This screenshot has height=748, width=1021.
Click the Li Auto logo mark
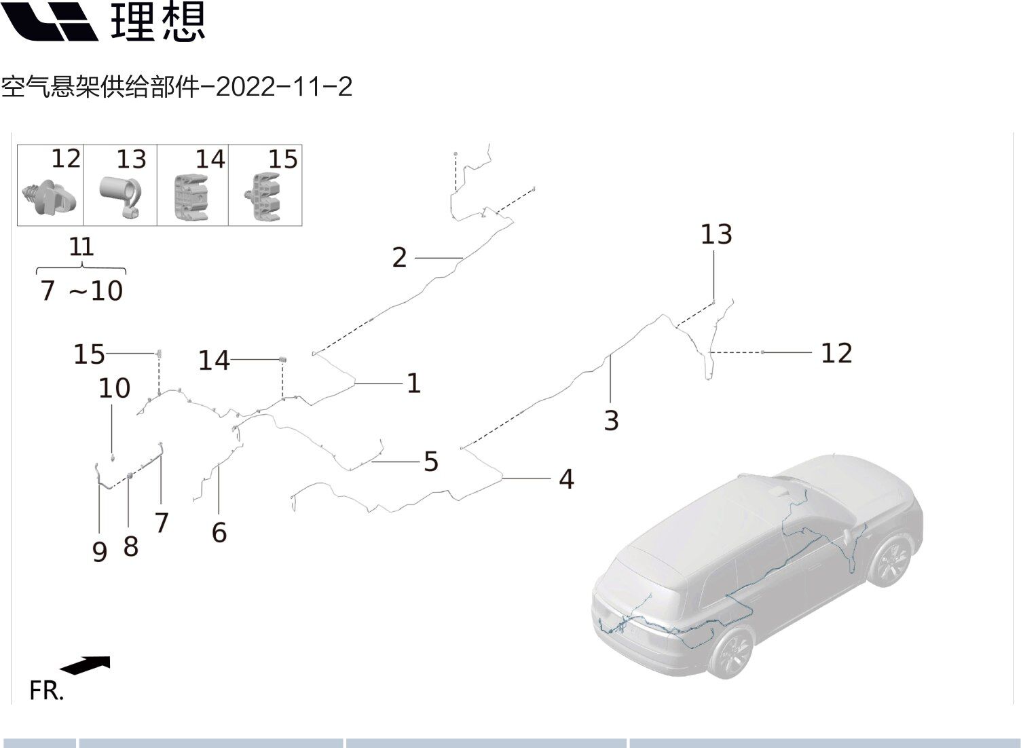tap(50, 21)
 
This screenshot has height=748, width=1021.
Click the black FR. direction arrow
tap(86, 665)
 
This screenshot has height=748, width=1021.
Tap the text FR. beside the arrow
tap(46, 690)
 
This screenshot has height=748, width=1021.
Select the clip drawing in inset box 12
tap(49, 198)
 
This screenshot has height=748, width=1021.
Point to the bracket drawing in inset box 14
tap(191, 197)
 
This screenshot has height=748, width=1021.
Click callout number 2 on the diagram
tap(399, 258)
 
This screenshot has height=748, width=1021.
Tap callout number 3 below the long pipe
tap(611, 421)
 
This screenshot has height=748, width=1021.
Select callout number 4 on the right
tap(567, 479)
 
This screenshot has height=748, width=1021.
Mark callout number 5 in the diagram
tap(431, 462)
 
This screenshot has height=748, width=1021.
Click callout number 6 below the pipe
tap(219, 532)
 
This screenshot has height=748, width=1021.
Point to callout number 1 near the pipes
tap(413, 383)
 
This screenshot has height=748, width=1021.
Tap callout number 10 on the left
tap(115, 388)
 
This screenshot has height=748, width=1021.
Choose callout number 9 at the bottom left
tap(100, 552)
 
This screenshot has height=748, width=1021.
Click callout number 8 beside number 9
tap(131, 546)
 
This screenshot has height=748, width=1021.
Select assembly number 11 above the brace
tap(81, 247)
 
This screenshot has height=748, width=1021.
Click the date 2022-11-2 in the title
tap(284, 87)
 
